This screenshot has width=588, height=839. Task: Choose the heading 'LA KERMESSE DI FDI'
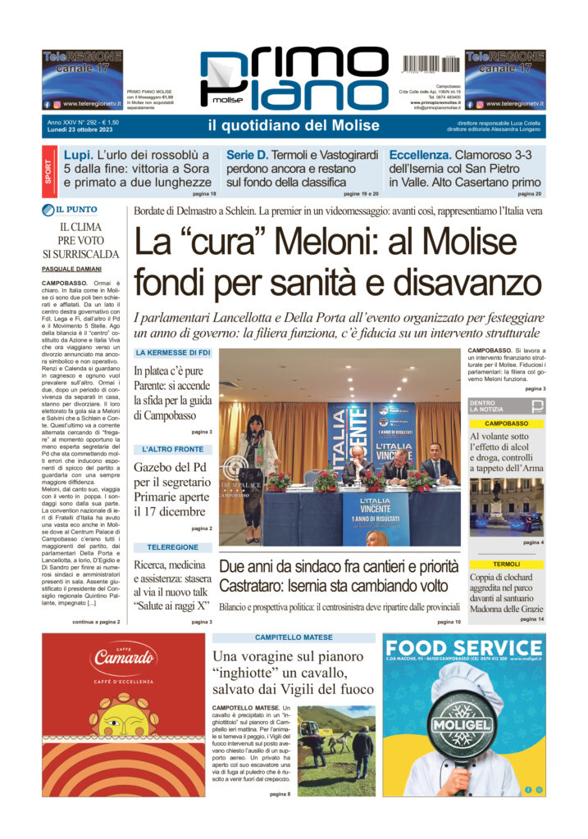pos(172,353)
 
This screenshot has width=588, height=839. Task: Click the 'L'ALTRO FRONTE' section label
pos(172,449)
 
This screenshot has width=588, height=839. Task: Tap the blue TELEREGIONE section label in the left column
pos(172,546)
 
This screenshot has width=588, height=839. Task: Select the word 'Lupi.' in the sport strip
pos(80,155)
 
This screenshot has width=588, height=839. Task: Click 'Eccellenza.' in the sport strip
pos(420,155)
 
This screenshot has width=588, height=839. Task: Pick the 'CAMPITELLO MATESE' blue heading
pos(294,637)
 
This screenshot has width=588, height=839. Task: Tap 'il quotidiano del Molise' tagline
pos(294,125)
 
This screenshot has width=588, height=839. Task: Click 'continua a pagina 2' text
pos(96,622)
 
